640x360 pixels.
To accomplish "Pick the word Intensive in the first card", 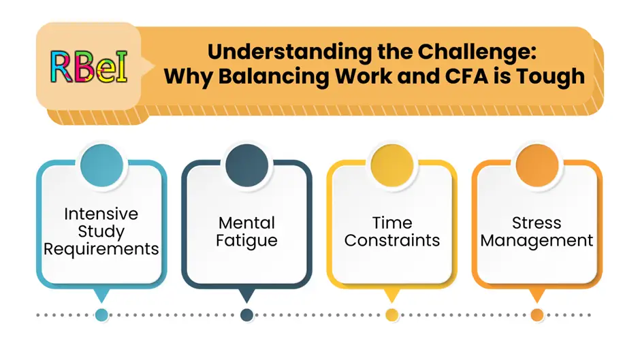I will point(101,214).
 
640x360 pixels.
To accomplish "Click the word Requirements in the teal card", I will point(101,249).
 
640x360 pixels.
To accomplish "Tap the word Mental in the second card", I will point(246,223).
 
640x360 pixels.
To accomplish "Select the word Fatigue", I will point(246,240).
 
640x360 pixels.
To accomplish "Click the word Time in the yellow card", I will point(391,223).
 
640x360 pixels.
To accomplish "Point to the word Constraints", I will point(391,240).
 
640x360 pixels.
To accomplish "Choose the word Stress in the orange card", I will point(537,223).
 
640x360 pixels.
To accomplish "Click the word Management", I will point(537,240).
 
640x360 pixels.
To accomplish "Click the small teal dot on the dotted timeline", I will point(101,315).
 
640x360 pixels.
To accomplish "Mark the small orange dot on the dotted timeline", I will point(537,315).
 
